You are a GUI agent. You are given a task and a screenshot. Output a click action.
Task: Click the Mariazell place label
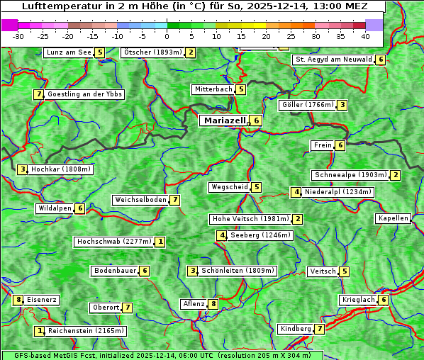[x=225, y=120]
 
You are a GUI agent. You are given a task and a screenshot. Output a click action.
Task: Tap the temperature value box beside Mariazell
[x=257, y=120]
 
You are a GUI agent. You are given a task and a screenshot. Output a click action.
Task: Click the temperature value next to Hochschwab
[x=161, y=242]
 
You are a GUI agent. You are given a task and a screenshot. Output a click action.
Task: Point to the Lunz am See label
[x=69, y=52]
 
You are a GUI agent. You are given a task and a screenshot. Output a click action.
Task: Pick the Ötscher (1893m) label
[x=152, y=52]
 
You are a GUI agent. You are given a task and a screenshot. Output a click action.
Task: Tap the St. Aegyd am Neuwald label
[x=334, y=60]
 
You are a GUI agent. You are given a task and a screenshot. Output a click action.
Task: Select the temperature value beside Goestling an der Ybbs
[x=38, y=94]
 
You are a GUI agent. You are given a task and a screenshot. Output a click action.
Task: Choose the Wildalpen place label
[x=55, y=208]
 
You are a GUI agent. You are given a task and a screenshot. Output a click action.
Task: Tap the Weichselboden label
[x=140, y=200]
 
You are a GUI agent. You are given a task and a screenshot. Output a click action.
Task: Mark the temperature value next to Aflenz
[x=213, y=304]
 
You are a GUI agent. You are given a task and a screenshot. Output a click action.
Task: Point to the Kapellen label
[x=393, y=218]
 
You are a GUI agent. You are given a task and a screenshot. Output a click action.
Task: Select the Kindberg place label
[x=296, y=329]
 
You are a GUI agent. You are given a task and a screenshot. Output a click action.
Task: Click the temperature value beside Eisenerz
[x=18, y=300]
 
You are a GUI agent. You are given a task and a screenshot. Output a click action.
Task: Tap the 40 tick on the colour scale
[x=365, y=36]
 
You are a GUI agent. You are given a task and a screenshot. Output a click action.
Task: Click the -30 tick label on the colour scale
[x=18, y=36]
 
